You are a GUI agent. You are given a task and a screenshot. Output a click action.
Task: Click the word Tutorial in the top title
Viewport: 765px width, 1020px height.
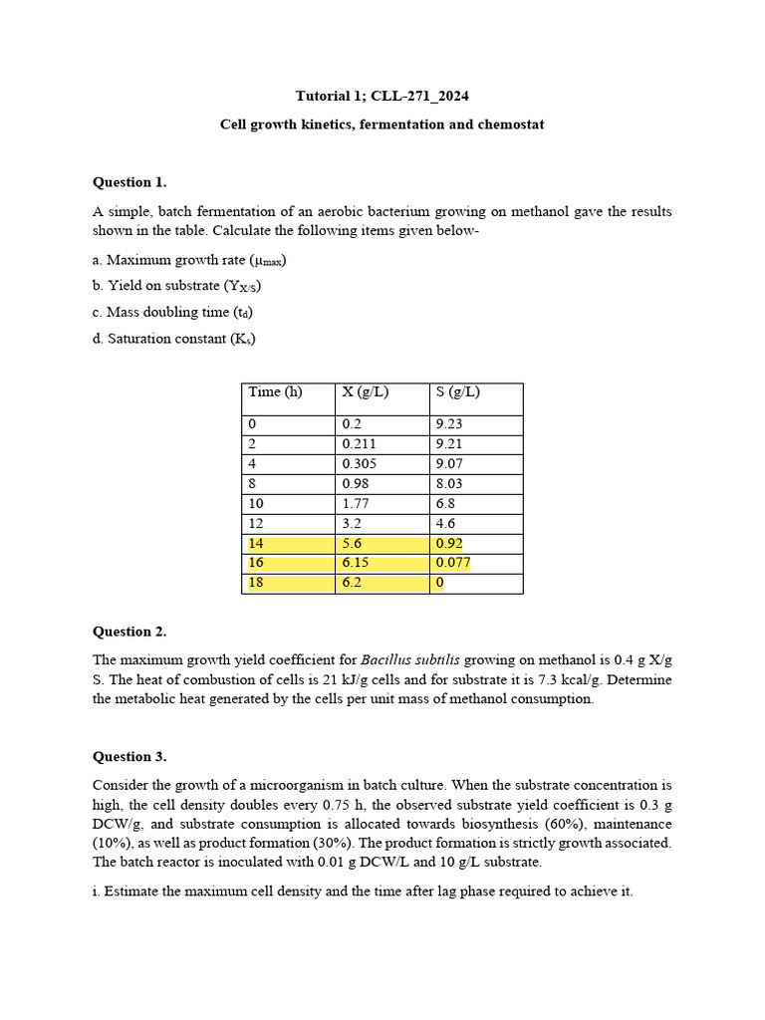click(324, 97)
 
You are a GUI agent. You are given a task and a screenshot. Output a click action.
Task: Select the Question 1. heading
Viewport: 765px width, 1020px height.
click(129, 182)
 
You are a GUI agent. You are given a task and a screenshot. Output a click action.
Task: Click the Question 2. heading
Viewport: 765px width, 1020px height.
click(129, 632)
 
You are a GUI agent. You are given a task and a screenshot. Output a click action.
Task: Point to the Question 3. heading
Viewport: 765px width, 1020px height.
click(129, 756)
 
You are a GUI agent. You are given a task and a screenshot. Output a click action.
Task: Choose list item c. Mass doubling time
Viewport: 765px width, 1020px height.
click(172, 313)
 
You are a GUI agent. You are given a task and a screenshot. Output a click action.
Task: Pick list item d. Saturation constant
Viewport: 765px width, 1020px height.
click(174, 339)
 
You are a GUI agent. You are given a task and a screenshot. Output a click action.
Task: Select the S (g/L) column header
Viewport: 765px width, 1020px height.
click(457, 392)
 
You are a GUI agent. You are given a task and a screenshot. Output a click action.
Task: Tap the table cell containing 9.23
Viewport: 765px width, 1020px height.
click(449, 424)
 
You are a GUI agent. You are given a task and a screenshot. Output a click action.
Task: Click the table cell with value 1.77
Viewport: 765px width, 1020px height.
click(356, 504)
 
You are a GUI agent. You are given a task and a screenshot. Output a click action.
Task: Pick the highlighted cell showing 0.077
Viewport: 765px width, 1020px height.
click(453, 564)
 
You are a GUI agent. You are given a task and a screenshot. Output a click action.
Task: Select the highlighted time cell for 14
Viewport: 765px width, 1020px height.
click(257, 544)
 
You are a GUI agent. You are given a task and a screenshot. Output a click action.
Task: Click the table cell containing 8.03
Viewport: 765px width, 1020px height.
click(449, 484)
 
